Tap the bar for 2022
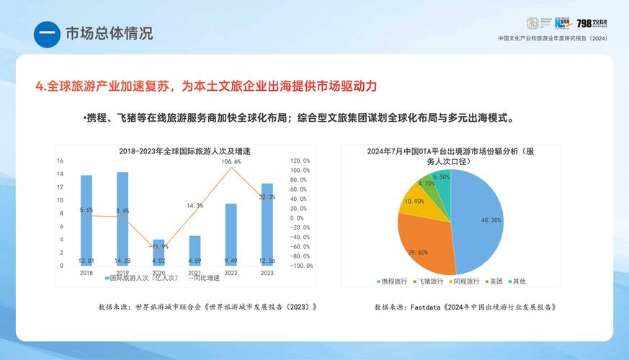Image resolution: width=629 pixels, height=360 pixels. pos(231,234)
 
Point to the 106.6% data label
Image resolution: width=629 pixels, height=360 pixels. pos(231,162)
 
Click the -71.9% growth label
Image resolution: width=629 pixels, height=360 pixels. pos(159,246)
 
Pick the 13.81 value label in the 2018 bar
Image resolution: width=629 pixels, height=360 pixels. pos(86,260)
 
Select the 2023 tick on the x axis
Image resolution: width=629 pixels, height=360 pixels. pos(267,272)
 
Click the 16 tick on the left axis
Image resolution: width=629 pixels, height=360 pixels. pos(61,161)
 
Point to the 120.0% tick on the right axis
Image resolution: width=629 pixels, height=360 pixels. pos(300,161)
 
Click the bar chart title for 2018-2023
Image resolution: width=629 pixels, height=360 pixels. pos(179,151)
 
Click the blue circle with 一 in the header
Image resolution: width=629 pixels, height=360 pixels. pos(47,34)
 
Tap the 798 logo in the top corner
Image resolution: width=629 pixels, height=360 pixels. pos(592,24)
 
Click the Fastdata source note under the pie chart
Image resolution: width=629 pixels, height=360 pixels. pos(465,306)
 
